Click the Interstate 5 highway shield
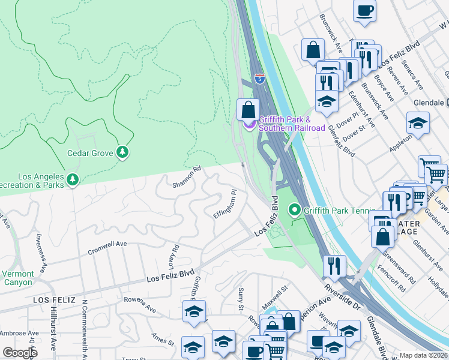(x=259, y=79)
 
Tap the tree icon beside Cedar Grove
(x=122, y=152)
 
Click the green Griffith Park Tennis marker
(x=294, y=211)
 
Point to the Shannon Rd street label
(x=185, y=177)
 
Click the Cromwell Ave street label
(x=107, y=247)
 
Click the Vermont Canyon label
(x=17, y=278)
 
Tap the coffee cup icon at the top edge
(x=364, y=10)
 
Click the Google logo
(x=20, y=353)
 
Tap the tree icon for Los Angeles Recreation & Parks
(x=73, y=179)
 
